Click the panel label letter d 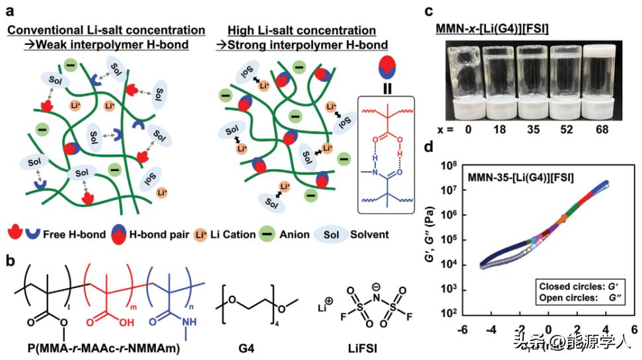pos(429,146)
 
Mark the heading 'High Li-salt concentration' pos(301,31)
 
